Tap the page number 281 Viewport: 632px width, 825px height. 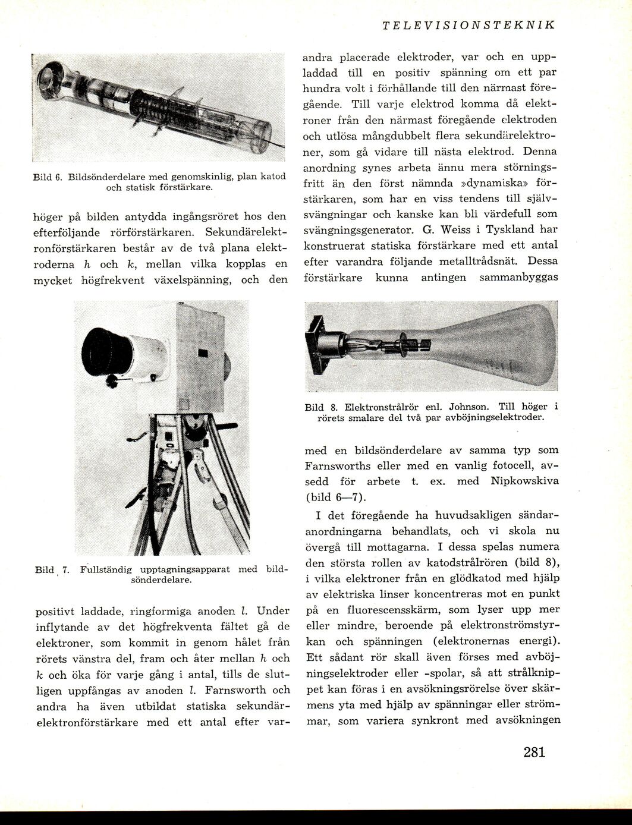[534, 751]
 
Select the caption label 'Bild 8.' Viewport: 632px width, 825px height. [321, 407]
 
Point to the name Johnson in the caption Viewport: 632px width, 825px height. [470, 407]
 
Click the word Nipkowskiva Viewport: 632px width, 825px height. [525, 481]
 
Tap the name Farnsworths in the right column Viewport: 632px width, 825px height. [338, 466]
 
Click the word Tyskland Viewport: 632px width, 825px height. [501, 229]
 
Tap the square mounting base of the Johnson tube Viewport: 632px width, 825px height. [317, 342]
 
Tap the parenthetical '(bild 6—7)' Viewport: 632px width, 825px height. [337, 497]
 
